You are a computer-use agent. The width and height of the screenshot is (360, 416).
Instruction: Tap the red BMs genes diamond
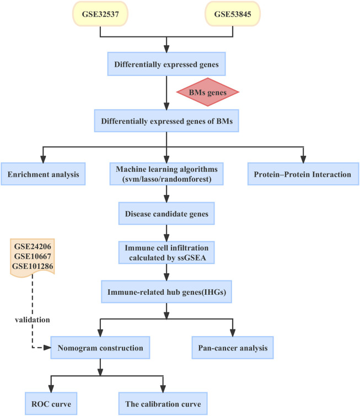coord(207,91)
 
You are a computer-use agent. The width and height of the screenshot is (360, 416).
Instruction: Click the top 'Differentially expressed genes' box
coord(166,65)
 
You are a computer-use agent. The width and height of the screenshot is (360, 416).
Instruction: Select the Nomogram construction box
coord(100,348)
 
